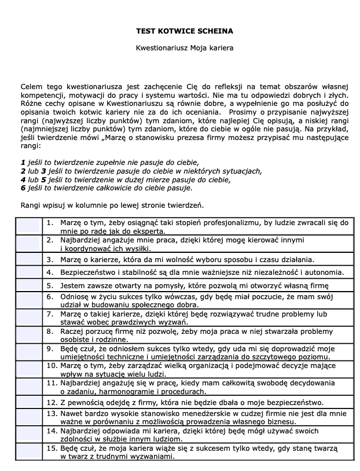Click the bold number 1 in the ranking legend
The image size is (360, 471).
coord(23,162)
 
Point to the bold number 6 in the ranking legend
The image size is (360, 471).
coord(23,188)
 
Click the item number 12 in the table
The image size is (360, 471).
coord(51,402)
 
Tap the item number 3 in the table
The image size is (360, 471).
coord(50,258)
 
